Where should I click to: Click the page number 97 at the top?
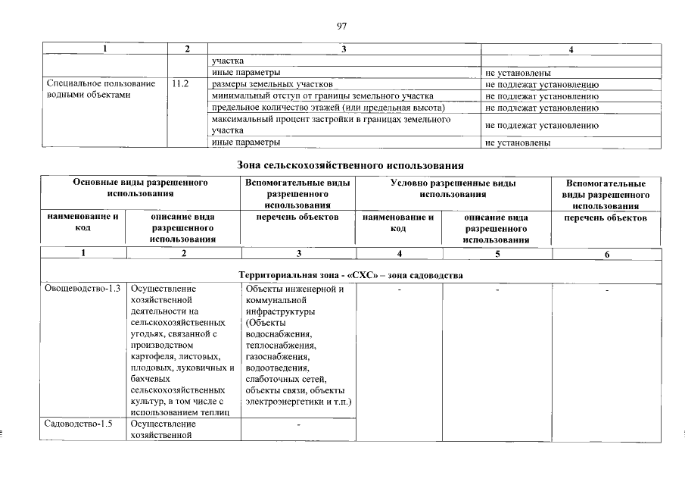(x=341, y=27)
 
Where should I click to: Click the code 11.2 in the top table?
(x=179, y=84)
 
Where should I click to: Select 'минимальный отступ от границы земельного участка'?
(x=322, y=96)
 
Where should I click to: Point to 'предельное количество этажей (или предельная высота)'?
(x=328, y=108)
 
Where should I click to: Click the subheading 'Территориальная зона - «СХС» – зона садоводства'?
(x=350, y=274)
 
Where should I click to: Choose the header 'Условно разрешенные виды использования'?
(x=453, y=189)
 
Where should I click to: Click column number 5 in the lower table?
(x=497, y=254)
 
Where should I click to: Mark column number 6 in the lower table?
(x=606, y=254)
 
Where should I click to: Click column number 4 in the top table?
(x=571, y=49)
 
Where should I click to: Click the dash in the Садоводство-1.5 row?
(x=298, y=425)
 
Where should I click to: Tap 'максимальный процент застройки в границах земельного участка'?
(x=331, y=125)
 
